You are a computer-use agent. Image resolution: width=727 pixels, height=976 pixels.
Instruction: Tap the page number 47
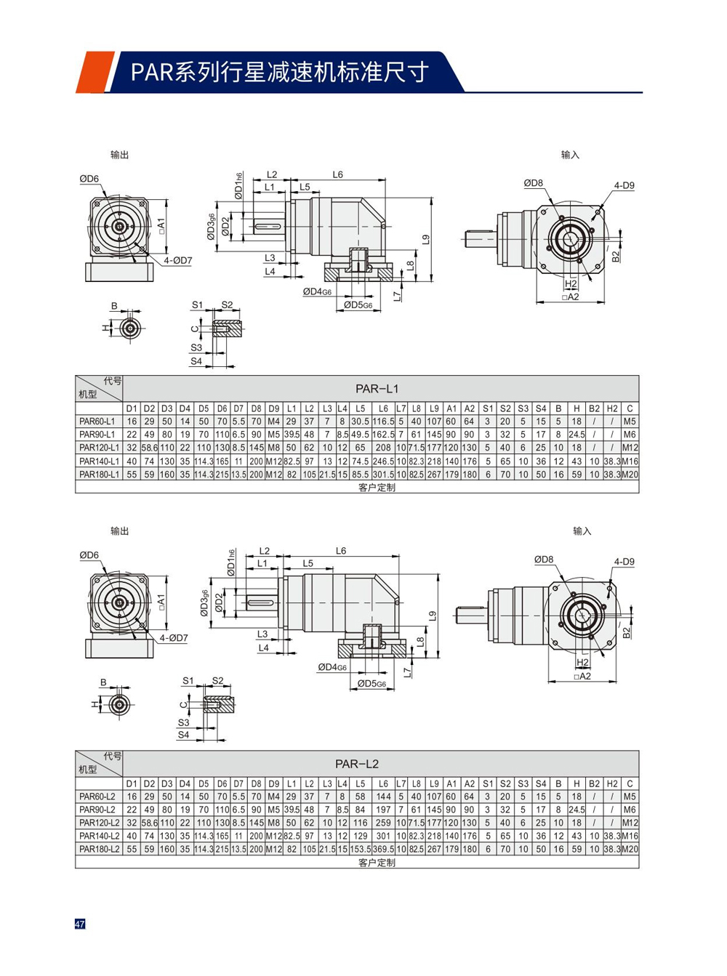point(80,924)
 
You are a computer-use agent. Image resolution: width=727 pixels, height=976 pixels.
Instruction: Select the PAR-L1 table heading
point(377,389)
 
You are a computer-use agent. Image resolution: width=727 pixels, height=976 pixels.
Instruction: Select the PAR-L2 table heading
point(356,764)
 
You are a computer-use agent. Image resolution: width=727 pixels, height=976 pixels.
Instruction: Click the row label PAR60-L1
point(97,422)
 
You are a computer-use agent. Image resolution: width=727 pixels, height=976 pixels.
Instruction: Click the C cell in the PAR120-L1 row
point(630,448)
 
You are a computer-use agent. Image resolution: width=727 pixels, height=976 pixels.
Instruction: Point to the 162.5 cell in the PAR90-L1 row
point(383,435)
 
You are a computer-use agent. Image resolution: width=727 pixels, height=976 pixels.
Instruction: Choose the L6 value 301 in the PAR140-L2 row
point(383,836)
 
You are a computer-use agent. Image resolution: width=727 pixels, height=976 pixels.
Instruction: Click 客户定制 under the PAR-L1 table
point(377,488)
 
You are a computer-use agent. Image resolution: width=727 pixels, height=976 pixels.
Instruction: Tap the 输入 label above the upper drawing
point(570,155)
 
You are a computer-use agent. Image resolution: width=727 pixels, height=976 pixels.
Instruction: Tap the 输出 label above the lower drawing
point(120,531)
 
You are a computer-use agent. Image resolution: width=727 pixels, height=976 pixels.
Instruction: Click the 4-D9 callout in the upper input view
point(624,185)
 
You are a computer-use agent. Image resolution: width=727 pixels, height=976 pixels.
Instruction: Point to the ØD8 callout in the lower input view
point(544,560)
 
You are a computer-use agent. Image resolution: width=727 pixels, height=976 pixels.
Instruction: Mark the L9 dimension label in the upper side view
point(426,239)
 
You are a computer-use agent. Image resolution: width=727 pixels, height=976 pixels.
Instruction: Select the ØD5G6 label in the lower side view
point(371,683)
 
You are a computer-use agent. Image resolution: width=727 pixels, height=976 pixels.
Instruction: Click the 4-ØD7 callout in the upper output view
point(177,260)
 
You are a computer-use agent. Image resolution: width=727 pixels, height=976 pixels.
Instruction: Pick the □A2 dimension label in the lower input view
point(582,676)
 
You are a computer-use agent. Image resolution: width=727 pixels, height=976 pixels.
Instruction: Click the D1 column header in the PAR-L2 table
point(132,783)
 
